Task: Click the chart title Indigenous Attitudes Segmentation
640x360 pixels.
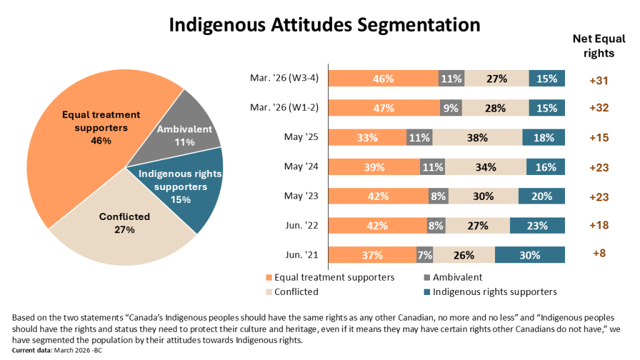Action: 324,24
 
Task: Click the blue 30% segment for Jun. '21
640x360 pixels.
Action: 529,255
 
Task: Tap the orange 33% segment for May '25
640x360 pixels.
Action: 367,137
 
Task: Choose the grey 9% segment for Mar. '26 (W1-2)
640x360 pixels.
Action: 451,107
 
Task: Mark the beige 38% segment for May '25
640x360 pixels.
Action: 477,137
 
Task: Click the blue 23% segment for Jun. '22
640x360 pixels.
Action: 537,226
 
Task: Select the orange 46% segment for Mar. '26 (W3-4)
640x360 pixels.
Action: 383,79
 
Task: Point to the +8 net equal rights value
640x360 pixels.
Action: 598,254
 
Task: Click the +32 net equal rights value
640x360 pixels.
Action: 598,107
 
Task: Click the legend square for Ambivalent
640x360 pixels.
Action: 427,277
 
